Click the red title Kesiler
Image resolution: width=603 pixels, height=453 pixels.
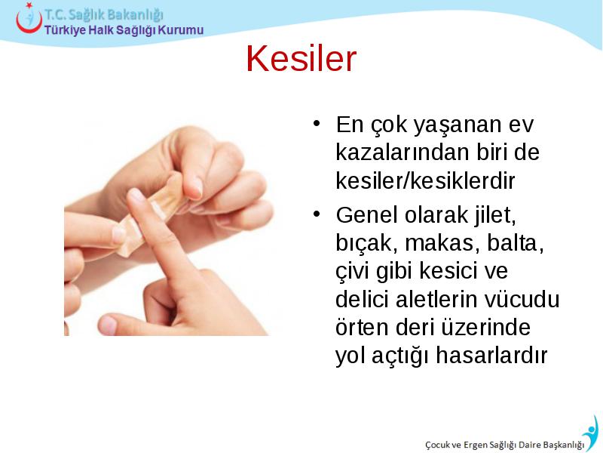[x=301, y=59]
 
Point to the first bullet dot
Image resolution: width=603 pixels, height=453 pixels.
[x=317, y=123]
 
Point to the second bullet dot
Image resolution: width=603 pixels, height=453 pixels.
[x=317, y=214]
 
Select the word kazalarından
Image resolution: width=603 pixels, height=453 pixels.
[x=403, y=153]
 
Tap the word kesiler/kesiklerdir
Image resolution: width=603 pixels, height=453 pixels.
[x=425, y=180]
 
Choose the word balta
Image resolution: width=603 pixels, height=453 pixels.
[x=516, y=243]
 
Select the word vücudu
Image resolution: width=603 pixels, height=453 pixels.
[x=522, y=299]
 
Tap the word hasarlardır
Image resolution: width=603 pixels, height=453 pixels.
[x=491, y=355]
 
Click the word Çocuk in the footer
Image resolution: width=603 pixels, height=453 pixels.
[x=438, y=445]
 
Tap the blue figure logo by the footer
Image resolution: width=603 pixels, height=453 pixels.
[x=592, y=432]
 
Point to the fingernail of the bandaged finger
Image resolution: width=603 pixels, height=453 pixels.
[x=136, y=196]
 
